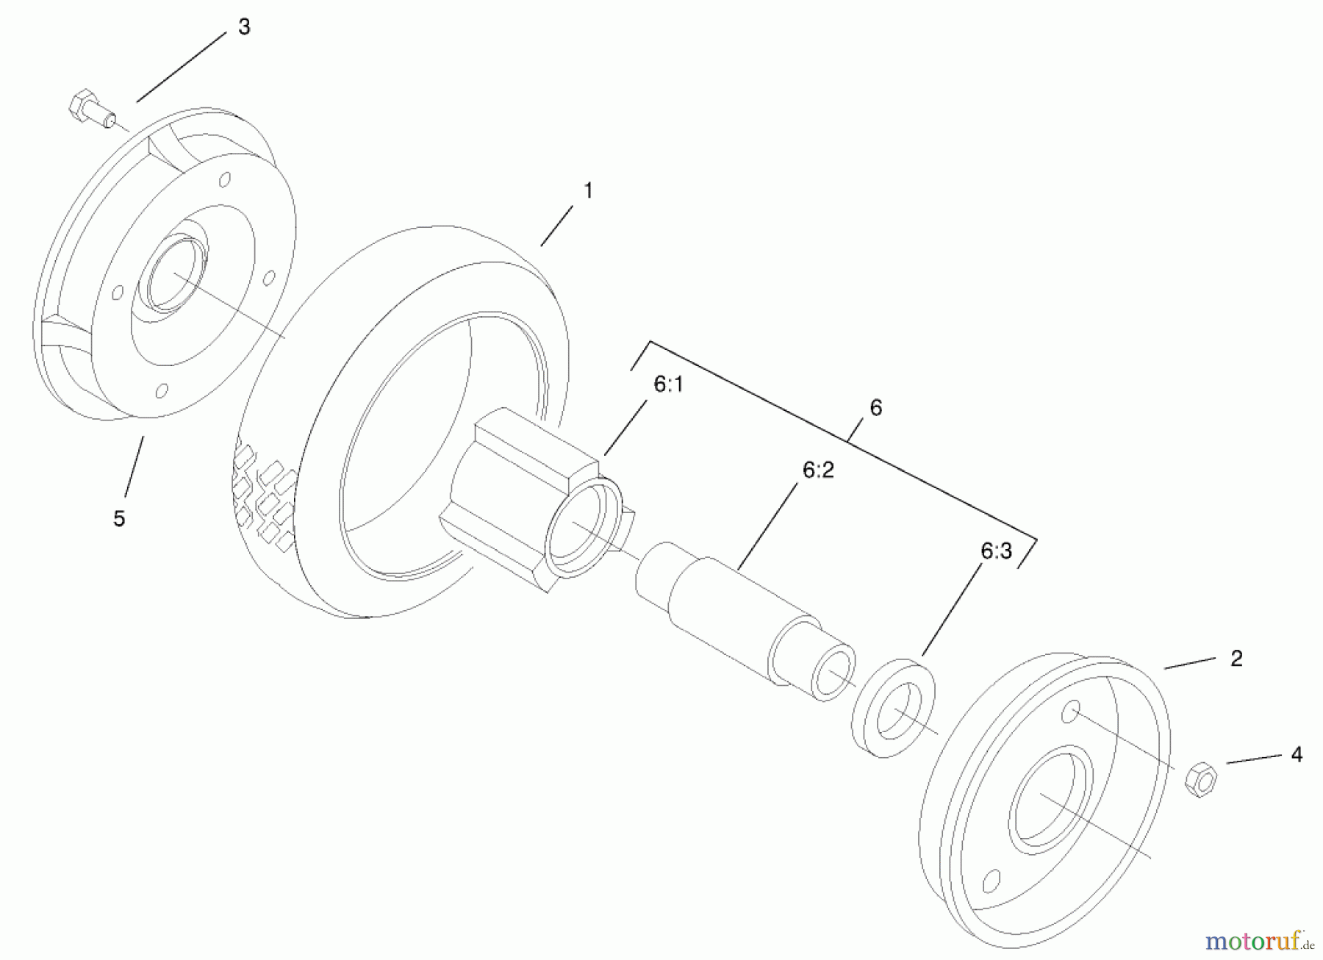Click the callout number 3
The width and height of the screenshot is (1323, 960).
pos(244,27)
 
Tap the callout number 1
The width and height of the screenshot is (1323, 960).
pos(587,191)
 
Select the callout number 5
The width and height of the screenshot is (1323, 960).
pos(119,518)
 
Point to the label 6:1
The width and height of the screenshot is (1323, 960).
pos(668,384)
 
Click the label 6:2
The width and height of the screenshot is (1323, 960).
pos(818,470)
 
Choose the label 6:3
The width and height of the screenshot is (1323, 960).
pos(996,551)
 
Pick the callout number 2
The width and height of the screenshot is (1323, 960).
pos(1236,658)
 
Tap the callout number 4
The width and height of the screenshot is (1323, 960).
pos(1297,754)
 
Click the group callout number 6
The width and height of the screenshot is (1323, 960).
pos(875,408)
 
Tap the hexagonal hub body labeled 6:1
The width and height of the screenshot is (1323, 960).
pos(514,485)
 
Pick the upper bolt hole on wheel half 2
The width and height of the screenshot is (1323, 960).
pos(1072,711)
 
